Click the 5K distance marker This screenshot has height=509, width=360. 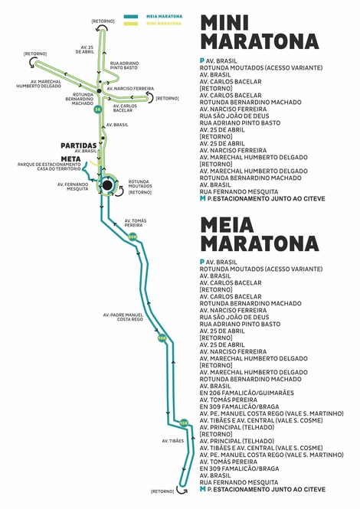pyautogui.click(x=98, y=109)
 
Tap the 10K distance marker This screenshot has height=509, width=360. pyautogui.click(x=162, y=338)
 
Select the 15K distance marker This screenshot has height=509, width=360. pyautogui.click(x=184, y=423)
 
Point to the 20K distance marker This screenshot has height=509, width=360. pyautogui.click(x=133, y=237)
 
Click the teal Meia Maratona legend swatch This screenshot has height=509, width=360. pyautogui.click(x=131, y=17)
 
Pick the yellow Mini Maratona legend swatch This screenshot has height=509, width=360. pyautogui.click(x=131, y=24)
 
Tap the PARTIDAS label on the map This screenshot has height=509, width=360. pyautogui.click(x=79, y=145)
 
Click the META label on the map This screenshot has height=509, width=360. pyautogui.click(x=70, y=159)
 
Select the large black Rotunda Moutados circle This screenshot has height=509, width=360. pyautogui.click(x=107, y=185)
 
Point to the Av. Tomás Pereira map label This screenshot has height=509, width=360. pyautogui.click(x=136, y=223)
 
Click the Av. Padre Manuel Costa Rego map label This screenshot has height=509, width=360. pyautogui.click(x=123, y=317)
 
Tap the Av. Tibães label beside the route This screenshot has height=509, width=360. pyautogui.click(x=173, y=441)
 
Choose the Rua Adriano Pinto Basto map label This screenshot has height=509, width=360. pyautogui.click(x=124, y=66)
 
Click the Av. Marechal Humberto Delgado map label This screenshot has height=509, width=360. pyautogui.click(x=38, y=83)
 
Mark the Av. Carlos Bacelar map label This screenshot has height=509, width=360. pyautogui.click(x=125, y=108)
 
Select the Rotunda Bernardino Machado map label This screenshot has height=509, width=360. pyautogui.click(x=80, y=99)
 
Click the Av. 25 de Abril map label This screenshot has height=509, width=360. pyautogui.click(x=85, y=50)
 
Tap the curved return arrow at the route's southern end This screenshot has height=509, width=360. pyautogui.click(x=182, y=490)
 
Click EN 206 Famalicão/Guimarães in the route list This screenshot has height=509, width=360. pyautogui.click(x=247, y=393)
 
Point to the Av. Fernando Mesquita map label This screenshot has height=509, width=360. pyautogui.click(x=73, y=187)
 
